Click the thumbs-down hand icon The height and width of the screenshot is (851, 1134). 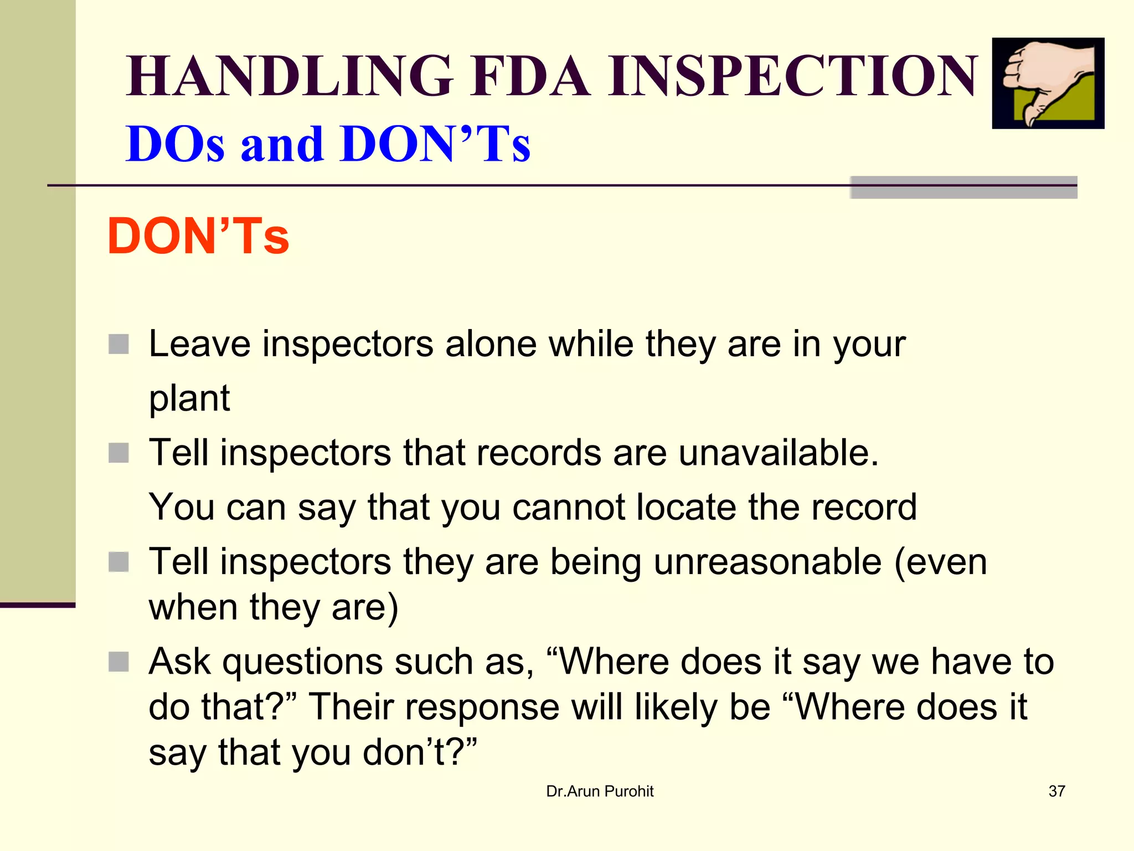[x=1048, y=83]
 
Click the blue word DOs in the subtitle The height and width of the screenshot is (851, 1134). [x=175, y=144]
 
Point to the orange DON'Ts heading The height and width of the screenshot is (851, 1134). [x=198, y=237]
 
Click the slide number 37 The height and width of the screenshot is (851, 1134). [x=1056, y=791]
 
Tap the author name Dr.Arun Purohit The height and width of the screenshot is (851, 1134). [x=600, y=791]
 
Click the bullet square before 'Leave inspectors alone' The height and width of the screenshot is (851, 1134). [x=118, y=344]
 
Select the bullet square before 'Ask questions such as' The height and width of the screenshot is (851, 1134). [x=118, y=662]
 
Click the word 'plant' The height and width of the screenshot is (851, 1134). [x=189, y=398]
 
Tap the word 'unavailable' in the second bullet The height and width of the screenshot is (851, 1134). [x=778, y=453]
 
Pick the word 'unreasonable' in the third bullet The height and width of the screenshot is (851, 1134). [x=767, y=562]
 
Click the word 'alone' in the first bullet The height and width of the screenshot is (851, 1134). [x=491, y=344]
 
